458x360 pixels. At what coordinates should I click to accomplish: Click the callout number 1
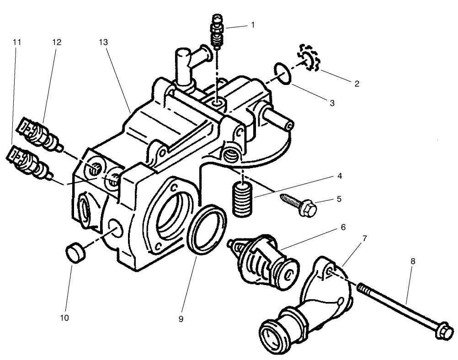click(x=252, y=26)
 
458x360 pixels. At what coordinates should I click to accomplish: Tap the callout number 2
click(x=357, y=84)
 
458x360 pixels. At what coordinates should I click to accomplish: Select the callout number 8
click(x=413, y=261)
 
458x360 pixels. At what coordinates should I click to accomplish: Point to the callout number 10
click(x=64, y=317)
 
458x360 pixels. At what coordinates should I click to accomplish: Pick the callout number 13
click(x=103, y=42)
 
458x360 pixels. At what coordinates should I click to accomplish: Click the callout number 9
click(x=181, y=319)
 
